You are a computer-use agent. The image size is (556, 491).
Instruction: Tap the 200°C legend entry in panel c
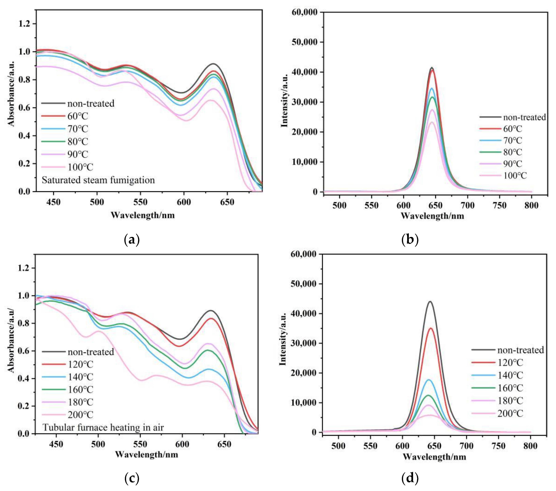click(x=80, y=415)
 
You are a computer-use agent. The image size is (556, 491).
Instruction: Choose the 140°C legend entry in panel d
click(x=510, y=376)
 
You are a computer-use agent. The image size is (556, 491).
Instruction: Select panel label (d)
click(x=410, y=478)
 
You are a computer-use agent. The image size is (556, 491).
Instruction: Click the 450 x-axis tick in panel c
click(x=56, y=444)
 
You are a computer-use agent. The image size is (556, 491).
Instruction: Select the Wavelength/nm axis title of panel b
click(x=432, y=216)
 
